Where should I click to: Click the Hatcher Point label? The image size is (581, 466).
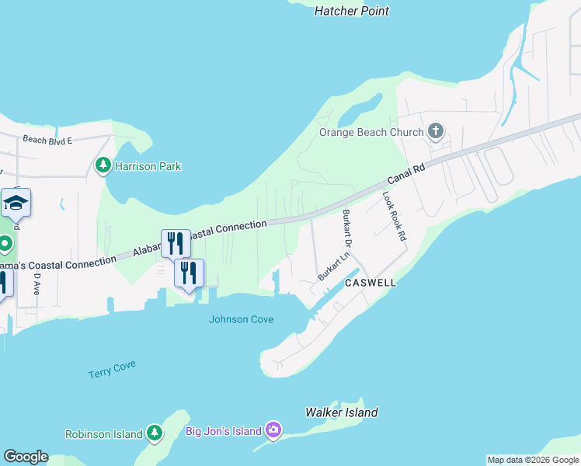352,11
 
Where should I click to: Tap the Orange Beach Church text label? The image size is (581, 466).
371,132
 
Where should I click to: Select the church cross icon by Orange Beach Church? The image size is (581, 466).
436,131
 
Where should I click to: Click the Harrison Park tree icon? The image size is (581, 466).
103,165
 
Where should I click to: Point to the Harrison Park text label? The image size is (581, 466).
148,166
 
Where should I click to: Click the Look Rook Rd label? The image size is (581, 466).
395,215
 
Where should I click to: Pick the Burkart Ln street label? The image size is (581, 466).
334,266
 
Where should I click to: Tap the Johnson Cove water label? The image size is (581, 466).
241,318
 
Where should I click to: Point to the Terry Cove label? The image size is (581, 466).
112,369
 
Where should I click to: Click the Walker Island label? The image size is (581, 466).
342,412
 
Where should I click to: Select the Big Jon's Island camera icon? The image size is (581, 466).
273,429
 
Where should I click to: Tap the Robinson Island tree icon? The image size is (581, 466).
155,433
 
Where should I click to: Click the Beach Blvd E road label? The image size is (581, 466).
47,140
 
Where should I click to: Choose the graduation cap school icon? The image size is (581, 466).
16,203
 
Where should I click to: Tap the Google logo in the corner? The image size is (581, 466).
26,457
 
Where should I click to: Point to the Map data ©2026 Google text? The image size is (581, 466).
533,460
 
